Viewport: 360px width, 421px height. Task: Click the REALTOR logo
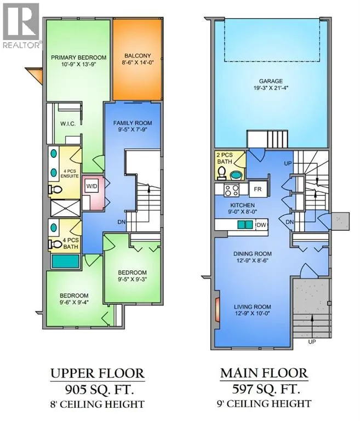[21, 26]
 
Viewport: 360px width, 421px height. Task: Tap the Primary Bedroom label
[79, 58]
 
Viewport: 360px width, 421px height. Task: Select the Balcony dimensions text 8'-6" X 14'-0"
[138, 63]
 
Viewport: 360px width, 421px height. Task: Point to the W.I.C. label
[67, 124]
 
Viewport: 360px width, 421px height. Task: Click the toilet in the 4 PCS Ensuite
[55, 189]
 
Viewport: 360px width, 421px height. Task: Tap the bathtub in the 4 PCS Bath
[65, 261]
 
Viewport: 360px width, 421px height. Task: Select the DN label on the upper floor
[121, 222]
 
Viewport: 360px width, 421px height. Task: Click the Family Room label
[133, 123]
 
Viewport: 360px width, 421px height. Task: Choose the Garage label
[271, 81]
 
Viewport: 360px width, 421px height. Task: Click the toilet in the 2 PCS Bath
[222, 173]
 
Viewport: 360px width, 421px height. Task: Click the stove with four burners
[232, 190]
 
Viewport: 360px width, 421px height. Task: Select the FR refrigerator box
[258, 189]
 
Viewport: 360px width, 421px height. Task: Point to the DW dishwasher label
[261, 225]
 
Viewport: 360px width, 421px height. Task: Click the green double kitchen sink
[245, 224]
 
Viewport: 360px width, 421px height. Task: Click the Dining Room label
[253, 254]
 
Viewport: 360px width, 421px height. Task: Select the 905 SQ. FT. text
[99, 389]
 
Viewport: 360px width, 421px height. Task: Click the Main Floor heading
[264, 373]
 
